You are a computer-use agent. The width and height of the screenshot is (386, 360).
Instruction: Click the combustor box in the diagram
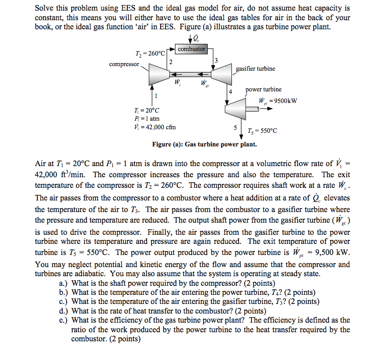[x=191, y=49]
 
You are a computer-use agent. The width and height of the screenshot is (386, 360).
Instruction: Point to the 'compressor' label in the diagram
[x=124, y=64]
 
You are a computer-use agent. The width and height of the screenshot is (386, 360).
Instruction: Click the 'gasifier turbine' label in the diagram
[x=255, y=69]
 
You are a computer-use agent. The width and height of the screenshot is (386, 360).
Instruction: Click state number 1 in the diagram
[x=156, y=95]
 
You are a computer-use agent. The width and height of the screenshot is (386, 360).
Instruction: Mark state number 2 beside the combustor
[x=170, y=62]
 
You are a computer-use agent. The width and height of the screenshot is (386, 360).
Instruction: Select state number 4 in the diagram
[x=230, y=91]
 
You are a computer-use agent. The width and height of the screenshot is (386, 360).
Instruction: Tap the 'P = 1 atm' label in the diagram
[x=147, y=119]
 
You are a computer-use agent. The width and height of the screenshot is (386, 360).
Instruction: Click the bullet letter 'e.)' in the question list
[x=64, y=320]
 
